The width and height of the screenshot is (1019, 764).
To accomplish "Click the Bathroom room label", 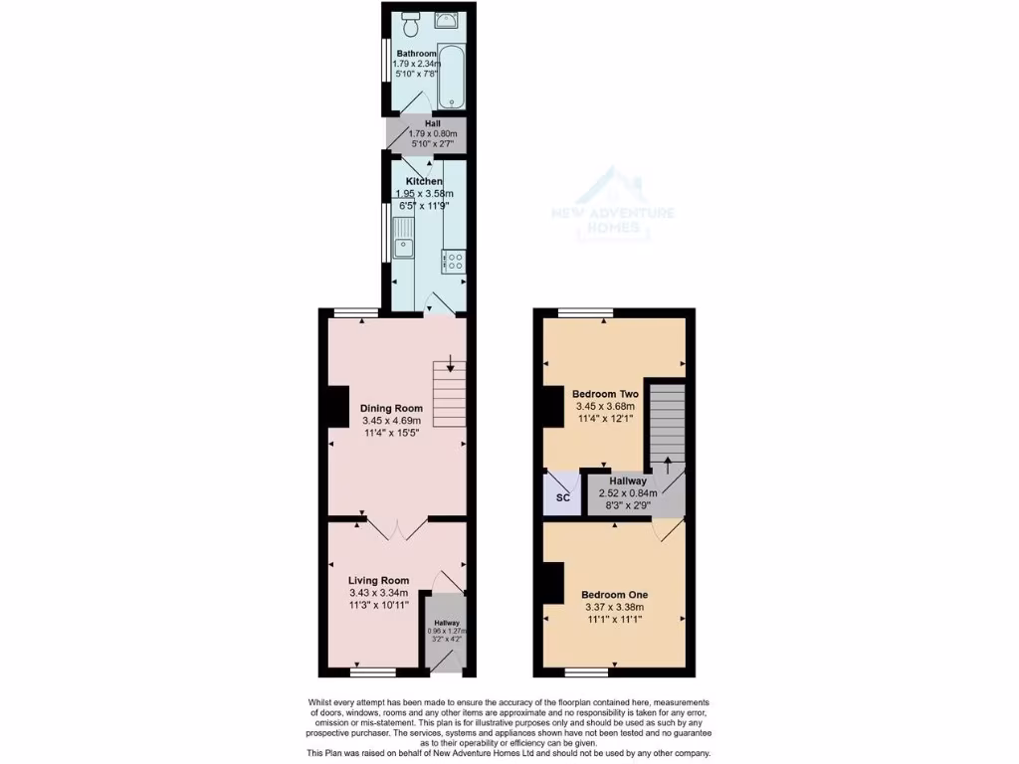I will coord(416,53).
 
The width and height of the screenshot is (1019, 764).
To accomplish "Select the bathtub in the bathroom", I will coord(453,74).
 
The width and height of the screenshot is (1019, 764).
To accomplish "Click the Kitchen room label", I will coord(424,181).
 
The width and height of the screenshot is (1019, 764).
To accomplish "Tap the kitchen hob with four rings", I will coord(454,261).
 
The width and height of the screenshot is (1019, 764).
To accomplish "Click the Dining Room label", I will coord(391,408).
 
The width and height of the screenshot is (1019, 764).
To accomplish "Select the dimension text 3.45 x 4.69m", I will coord(391,421).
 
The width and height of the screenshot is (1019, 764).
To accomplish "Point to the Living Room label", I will coord(378,580).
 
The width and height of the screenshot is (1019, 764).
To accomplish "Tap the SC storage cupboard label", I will coord(562,497).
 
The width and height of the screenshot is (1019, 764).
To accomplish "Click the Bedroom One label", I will coord(613,595).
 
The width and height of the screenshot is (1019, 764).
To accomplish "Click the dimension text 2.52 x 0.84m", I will coord(622,493).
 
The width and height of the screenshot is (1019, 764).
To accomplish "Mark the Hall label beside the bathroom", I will coord(419,123).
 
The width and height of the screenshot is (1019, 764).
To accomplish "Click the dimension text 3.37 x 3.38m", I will coord(613,608).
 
